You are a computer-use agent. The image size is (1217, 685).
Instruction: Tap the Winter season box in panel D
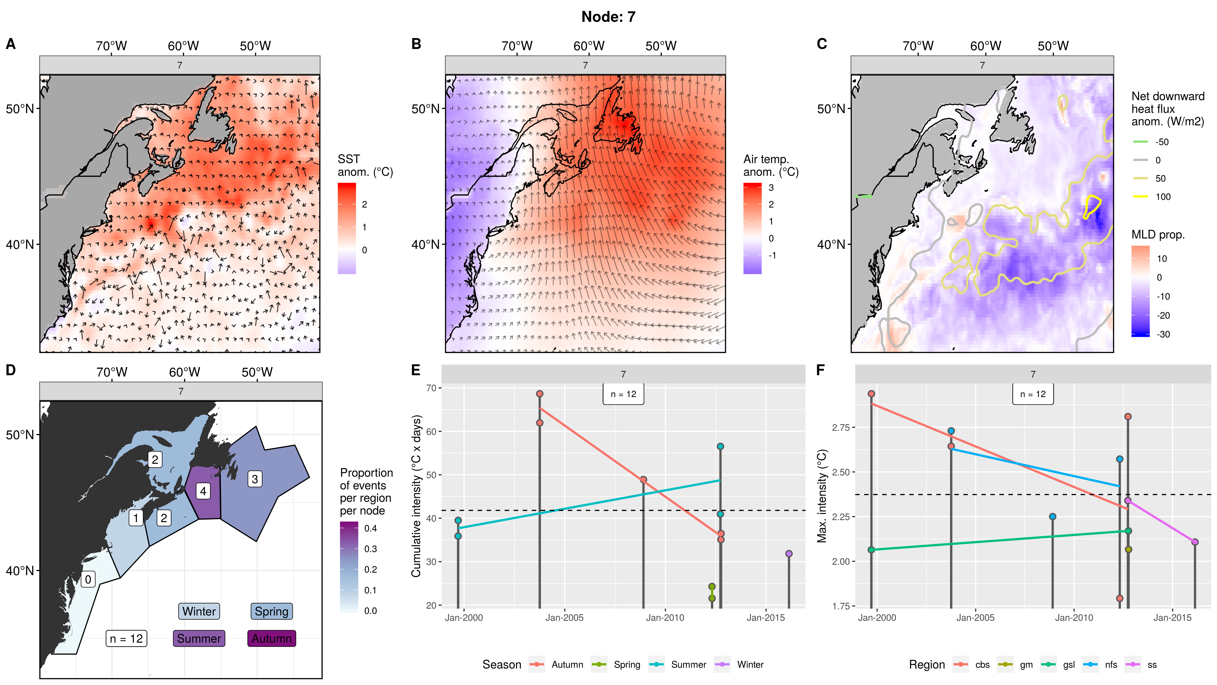pos(199,611)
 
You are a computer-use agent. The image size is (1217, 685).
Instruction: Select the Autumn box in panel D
pos(272,638)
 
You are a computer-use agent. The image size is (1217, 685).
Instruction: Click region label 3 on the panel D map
pos(255,479)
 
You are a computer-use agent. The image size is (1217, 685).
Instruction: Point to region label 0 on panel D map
pos(88,579)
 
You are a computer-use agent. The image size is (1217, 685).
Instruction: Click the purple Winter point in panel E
pos(789,554)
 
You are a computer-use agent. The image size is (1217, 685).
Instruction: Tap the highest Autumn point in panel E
pos(540,394)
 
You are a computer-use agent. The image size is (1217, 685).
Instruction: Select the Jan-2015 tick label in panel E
pos(765,618)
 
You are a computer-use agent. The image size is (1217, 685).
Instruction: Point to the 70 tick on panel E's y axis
pos(431,388)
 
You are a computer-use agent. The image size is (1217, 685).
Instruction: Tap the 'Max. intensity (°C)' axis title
pos(822,495)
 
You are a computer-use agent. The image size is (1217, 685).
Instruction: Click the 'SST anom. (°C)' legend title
pos(365,165)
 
